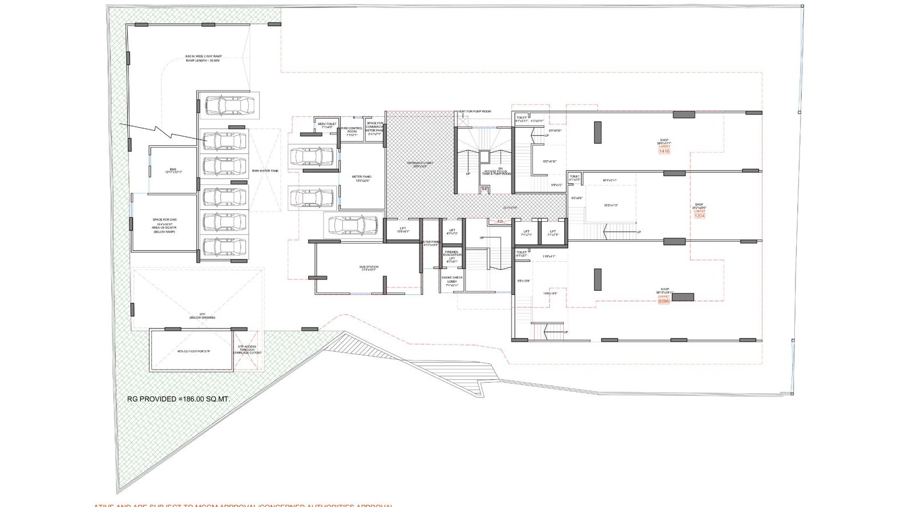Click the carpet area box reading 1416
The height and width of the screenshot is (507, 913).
[x=664, y=152]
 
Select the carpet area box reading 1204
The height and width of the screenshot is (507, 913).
[x=700, y=216]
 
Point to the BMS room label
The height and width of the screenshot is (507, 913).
[x=173, y=171]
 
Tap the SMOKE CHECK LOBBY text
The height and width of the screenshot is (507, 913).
[x=452, y=281]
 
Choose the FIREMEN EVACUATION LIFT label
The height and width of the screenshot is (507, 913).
[x=452, y=257]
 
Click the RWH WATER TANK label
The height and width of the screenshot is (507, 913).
[x=265, y=171]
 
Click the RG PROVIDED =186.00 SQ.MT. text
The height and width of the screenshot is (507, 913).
[x=179, y=399]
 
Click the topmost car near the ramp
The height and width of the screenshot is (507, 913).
[x=229, y=106]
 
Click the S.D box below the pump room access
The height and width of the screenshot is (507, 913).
[x=484, y=189]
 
